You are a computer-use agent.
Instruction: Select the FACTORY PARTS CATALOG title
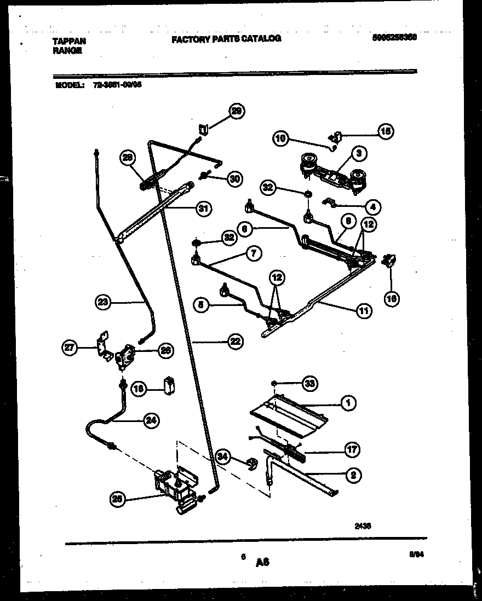point(226,39)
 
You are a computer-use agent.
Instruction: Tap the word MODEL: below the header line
point(69,85)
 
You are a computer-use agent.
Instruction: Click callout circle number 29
point(237,111)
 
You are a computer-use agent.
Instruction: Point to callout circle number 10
point(280,138)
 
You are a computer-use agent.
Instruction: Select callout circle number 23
point(102,300)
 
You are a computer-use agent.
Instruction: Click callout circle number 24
point(150,420)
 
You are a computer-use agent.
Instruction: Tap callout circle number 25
point(116,499)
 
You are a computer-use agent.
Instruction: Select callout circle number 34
point(222,455)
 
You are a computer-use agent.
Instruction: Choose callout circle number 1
point(347,403)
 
